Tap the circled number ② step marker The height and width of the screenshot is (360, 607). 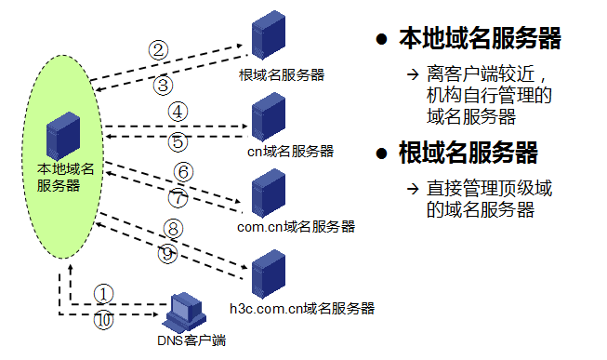[159, 50]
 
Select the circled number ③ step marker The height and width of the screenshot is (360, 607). [164, 85]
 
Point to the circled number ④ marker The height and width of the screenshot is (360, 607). [178, 111]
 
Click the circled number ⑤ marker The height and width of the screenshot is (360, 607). [178, 142]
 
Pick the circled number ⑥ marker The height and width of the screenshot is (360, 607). [183, 171]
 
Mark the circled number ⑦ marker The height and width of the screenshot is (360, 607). [178, 197]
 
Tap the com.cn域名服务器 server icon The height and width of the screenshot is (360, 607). [269, 192]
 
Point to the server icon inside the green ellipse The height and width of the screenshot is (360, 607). [64, 136]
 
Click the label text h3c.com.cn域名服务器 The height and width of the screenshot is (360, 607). [302, 307]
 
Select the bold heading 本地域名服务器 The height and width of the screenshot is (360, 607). [480, 38]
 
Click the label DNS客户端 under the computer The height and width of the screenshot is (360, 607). [190, 340]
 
